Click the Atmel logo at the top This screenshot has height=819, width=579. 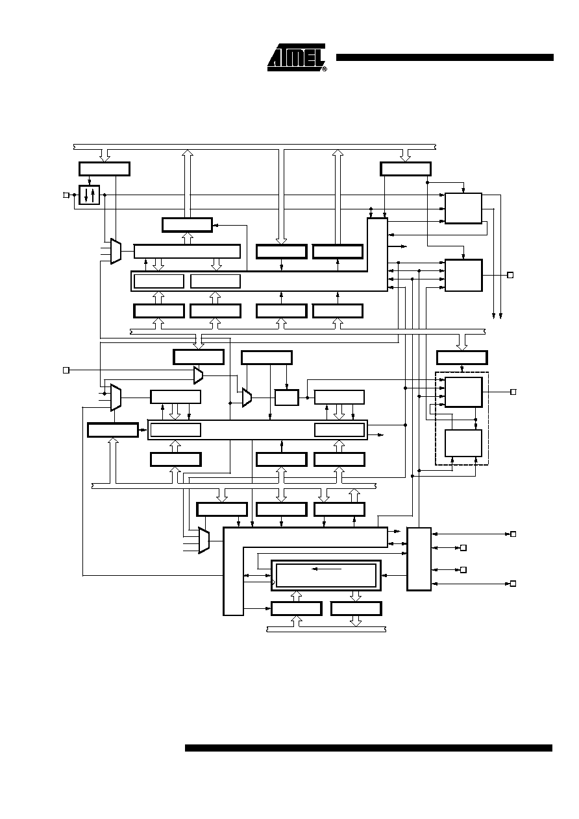tap(296, 58)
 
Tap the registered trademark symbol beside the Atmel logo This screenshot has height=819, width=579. tap(325, 68)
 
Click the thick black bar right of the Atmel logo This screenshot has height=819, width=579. tap(445, 58)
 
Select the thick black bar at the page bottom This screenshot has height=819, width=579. tap(369, 748)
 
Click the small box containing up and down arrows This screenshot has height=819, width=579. tap(90, 195)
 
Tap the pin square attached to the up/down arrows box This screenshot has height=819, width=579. tap(66, 195)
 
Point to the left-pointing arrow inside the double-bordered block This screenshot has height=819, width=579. tap(326, 569)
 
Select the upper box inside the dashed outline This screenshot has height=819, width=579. tap(463, 392)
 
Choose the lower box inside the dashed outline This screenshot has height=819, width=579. tap(463, 443)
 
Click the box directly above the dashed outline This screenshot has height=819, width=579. tap(462, 357)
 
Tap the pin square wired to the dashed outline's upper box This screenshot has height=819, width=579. tap(513, 392)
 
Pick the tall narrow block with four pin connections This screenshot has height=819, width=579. tap(419, 559)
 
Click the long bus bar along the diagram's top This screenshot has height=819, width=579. tap(254, 147)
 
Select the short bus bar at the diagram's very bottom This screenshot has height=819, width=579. tap(326, 629)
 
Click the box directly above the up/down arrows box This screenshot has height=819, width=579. tap(105, 169)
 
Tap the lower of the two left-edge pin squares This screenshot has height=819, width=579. tap(66, 370)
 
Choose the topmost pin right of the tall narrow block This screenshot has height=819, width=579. tap(513, 534)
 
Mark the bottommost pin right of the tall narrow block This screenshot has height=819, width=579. tap(513, 584)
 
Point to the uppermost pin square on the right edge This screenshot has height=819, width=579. tap(510, 275)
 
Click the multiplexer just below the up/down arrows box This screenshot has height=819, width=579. tap(116, 251)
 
